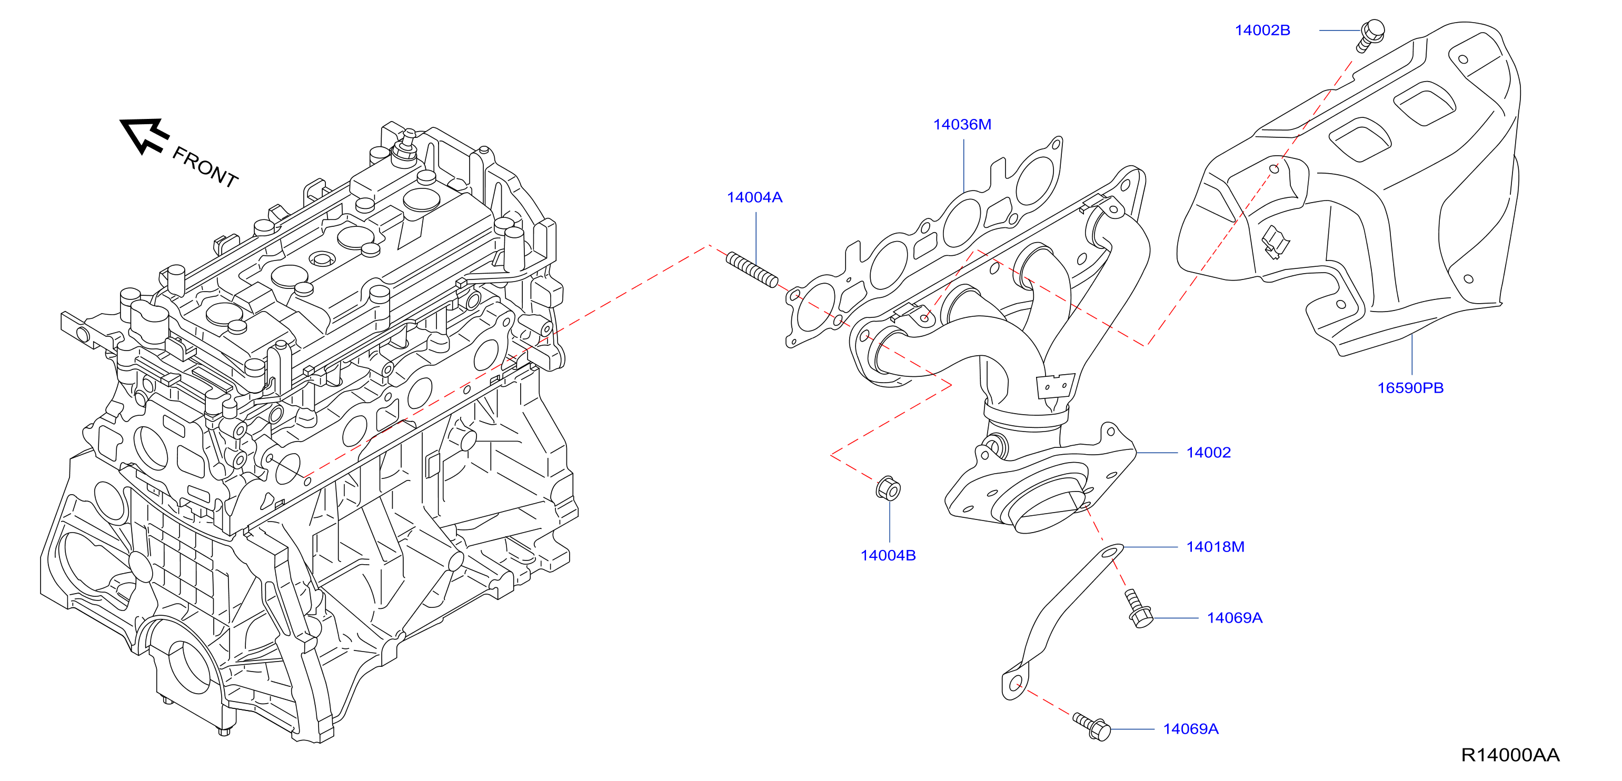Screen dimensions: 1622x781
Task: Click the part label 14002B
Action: [1262, 30]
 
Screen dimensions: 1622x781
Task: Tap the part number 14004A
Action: [754, 197]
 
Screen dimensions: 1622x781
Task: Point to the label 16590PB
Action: [1410, 388]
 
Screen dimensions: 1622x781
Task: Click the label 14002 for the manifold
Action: [1208, 453]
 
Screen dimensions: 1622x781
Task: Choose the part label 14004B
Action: [888, 555]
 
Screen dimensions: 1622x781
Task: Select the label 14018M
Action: [1215, 547]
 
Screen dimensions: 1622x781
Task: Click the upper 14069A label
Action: [1234, 618]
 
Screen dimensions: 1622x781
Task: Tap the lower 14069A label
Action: [1191, 729]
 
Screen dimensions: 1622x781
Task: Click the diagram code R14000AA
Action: [1510, 755]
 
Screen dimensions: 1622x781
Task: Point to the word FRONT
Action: [205, 167]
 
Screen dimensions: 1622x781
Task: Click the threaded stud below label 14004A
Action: [752, 269]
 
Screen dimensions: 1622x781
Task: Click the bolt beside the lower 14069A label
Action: [1092, 727]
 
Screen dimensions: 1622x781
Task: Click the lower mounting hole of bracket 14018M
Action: [1014, 684]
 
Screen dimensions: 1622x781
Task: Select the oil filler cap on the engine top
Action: [322, 258]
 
